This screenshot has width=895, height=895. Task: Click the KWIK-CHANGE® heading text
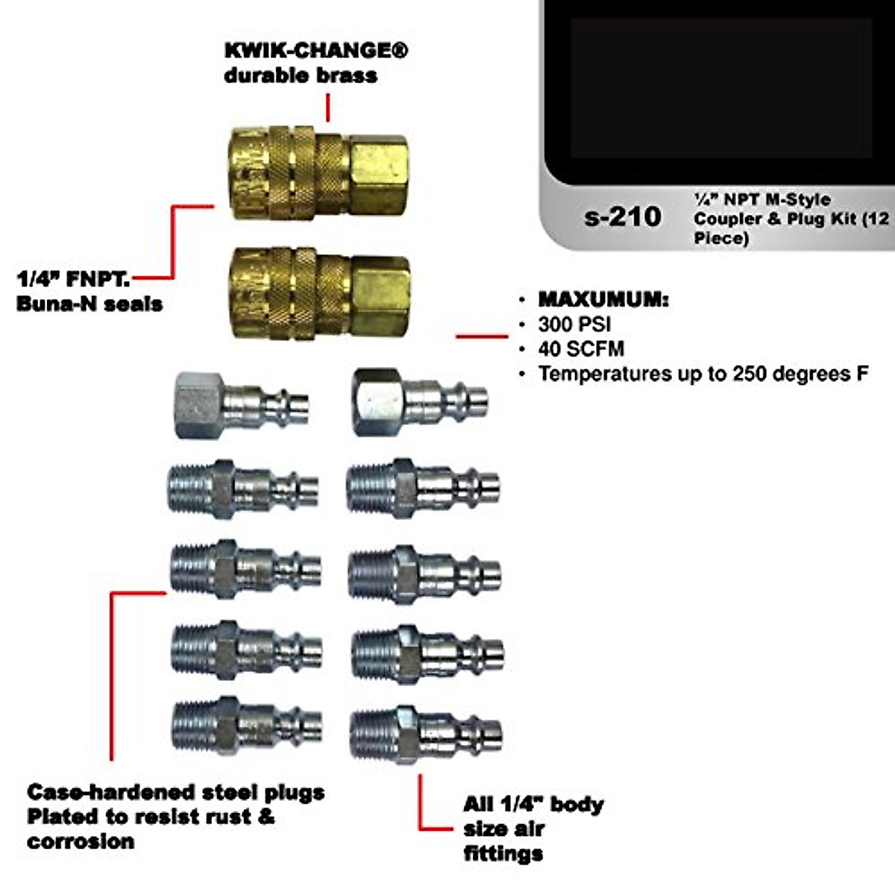(316, 51)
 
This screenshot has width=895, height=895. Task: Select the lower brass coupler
(319, 292)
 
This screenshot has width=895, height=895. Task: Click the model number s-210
(623, 217)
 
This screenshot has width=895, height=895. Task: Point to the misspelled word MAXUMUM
(603, 300)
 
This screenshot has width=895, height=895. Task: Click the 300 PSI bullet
(574, 324)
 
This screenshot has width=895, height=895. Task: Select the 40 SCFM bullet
(581, 349)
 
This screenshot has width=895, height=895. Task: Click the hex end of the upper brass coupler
(378, 172)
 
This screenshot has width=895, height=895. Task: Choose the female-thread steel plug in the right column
(419, 401)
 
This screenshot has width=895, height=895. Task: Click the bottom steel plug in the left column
(246, 725)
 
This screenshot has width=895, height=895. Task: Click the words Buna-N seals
(89, 304)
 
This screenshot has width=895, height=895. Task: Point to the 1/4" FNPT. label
(73, 279)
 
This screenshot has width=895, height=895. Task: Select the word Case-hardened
(100, 792)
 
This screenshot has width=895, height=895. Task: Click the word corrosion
(81, 841)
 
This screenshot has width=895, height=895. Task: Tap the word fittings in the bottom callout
(503, 853)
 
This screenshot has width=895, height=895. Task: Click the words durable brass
(300, 75)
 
